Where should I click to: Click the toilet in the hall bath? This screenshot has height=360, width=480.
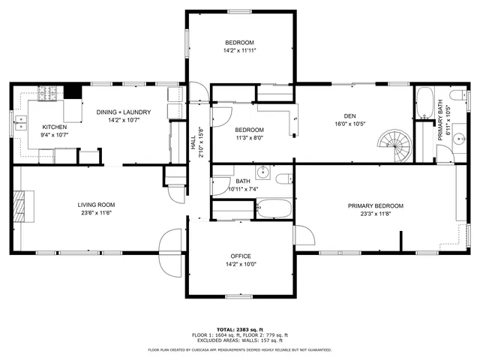pyautogui.click(x=283, y=178)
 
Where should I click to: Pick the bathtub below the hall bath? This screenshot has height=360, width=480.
pyautogui.click(x=274, y=208)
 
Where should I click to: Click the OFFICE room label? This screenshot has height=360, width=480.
pyautogui.click(x=241, y=256)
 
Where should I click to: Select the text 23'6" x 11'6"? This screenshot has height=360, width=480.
pyautogui.click(x=96, y=213)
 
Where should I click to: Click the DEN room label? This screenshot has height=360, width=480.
pyautogui.click(x=349, y=115)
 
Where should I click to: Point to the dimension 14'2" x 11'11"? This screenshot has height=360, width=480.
pyautogui.click(x=240, y=51)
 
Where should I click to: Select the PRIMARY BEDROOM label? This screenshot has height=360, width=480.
pyautogui.click(x=375, y=205)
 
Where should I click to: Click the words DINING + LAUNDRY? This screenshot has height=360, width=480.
pyautogui.click(x=124, y=112)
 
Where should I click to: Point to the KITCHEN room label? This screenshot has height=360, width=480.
pyautogui.click(x=54, y=127)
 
